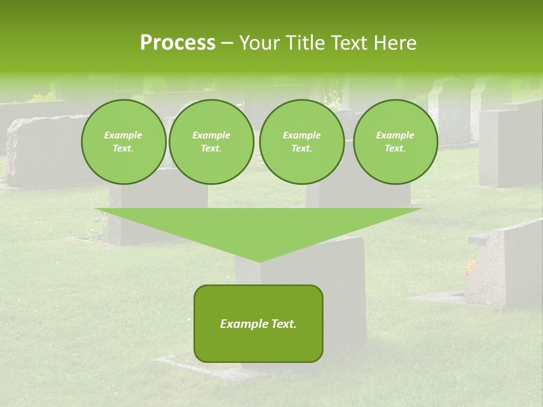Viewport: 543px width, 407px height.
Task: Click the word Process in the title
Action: tap(178, 43)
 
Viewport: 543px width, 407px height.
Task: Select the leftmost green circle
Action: tap(124, 142)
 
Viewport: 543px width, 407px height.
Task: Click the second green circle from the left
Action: tap(212, 142)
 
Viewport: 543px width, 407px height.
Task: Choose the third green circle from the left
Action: tap(302, 142)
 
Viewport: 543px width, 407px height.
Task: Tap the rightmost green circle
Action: tap(395, 142)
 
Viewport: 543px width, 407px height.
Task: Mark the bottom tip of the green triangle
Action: tap(259, 261)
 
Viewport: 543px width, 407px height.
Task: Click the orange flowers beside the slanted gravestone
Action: tap(470, 267)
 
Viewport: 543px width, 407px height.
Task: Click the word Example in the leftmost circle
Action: tap(123, 135)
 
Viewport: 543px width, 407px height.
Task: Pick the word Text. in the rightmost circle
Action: tap(395, 149)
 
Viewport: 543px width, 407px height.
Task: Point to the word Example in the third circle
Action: tap(302, 135)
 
